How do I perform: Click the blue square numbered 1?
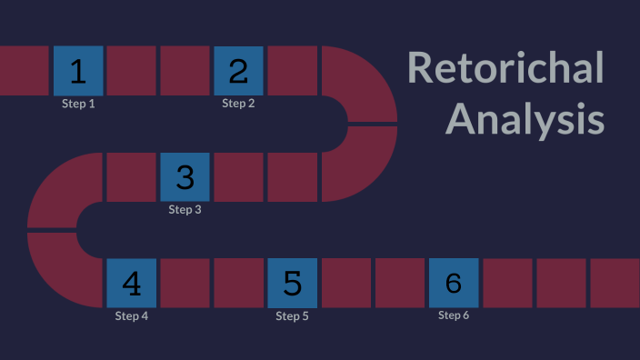click(x=78, y=70)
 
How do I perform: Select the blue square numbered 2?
click(x=238, y=70)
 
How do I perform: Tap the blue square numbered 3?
click(x=185, y=176)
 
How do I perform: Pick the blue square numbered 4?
click(x=131, y=283)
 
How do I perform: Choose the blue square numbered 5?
click(x=292, y=283)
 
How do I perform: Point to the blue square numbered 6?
click(x=453, y=283)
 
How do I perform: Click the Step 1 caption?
click(x=78, y=104)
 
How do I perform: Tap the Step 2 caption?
click(x=238, y=104)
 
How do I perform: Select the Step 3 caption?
click(x=185, y=210)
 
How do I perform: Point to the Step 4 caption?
click(x=131, y=316)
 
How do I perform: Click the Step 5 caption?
click(x=292, y=316)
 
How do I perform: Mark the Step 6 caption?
click(x=453, y=315)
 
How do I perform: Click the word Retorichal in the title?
click(x=505, y=68)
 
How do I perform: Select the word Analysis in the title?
click(x=525, y=119)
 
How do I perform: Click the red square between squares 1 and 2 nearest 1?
click(x=131, y=70)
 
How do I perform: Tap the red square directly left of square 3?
click(x=131, y=176)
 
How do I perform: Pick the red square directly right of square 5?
click(x=345, y=283)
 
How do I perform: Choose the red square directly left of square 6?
click(x=399, y=283)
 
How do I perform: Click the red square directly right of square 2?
click(x=292, y=70)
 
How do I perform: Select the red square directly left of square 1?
click(x=24, y=70)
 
